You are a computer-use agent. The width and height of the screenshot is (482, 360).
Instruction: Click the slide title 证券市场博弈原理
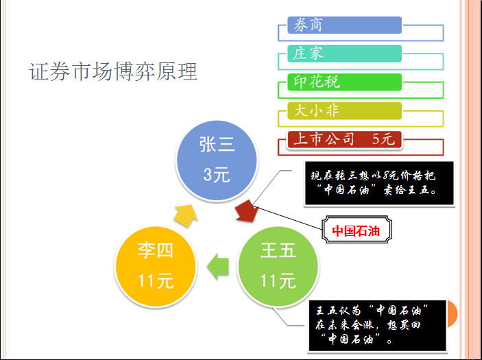pyautogui.click(x=113, y=71)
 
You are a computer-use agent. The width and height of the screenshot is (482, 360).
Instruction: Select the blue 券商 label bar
pyautogui.click(x=345, y=25)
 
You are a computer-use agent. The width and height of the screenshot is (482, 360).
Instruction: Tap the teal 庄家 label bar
pyautogui.click(x=345, y=53)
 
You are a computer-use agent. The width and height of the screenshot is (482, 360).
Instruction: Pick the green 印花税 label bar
pyautogui.click(x=345, y=82)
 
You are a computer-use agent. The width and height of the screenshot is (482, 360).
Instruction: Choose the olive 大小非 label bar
pyautogui.click(x=345, y=110)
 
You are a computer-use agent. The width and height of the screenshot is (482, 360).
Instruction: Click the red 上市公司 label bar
pyautogui.click(x=345, y=139)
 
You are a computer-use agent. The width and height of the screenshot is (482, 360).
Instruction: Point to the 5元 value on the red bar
pyautogui.click(x=383, y=139)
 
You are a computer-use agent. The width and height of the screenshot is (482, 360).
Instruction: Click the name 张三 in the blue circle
pyautogui.click(x=217, y=145)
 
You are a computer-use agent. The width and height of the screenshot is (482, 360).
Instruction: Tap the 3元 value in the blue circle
pyautogui.click(x=217, y=175)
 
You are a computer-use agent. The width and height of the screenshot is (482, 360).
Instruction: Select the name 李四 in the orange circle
pyautogui.click(x=156, y=250)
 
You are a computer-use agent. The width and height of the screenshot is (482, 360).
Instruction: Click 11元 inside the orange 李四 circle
pyautogui.click(x=156, y=280)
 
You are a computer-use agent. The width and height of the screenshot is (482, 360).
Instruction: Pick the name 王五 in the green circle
pyautogui.click(x=278, y=250)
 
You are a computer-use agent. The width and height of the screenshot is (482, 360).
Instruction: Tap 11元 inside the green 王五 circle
pyautogui.click(x=278, y=280)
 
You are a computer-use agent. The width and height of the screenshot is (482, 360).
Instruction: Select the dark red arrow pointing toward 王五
pyautogui.click(x=247, y=211)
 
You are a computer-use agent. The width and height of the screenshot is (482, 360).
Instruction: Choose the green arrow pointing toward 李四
pyautogui.click(x=218, y=266)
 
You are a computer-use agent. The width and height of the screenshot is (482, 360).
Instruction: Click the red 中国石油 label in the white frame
pyautogui.click(x=357, y=230)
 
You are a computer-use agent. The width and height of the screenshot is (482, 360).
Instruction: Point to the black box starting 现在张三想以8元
pyautogui.click(x=379, y=183)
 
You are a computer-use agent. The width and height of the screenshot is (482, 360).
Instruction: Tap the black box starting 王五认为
pyautogui.click(x=378, y=326)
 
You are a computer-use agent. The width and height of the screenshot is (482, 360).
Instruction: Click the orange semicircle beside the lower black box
pyautogui.click(x=453, y=313)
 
